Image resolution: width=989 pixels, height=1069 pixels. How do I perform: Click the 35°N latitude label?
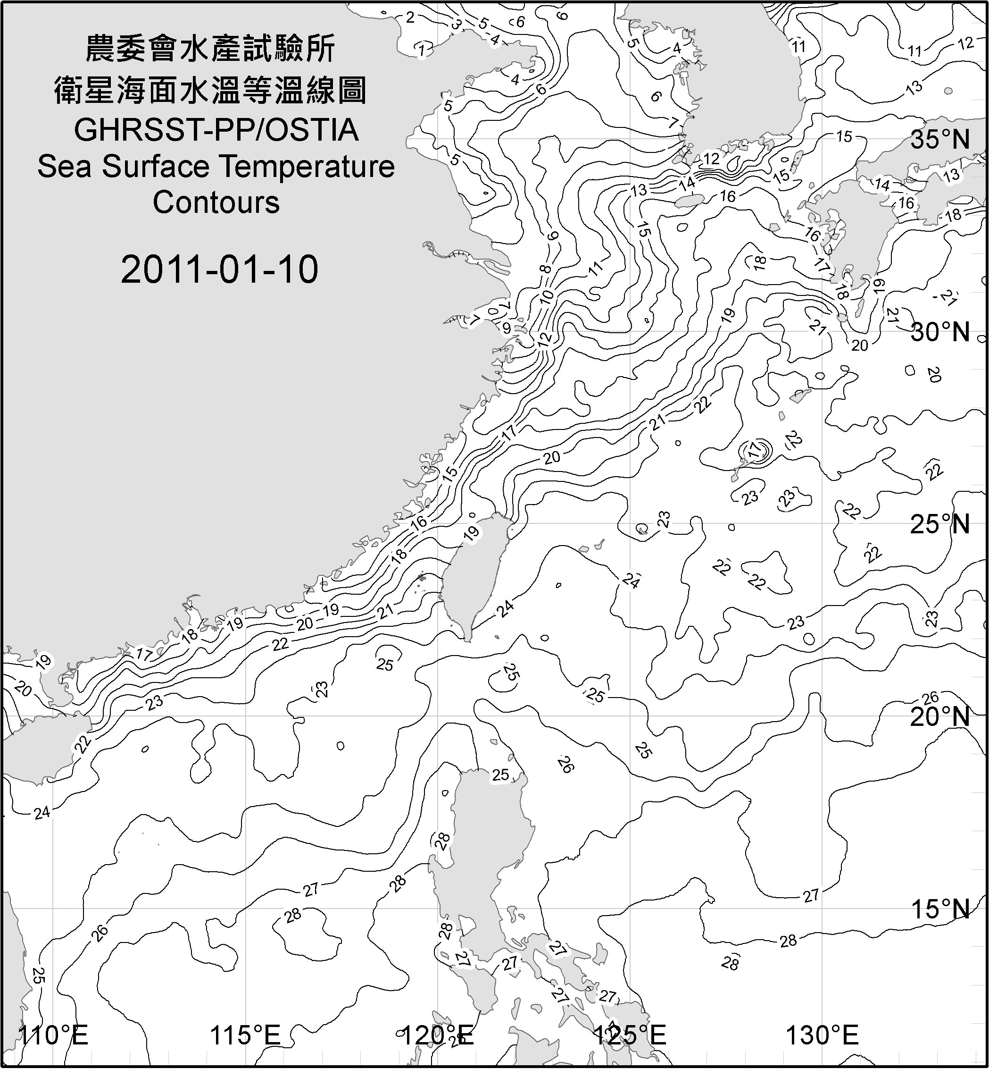[940, 139]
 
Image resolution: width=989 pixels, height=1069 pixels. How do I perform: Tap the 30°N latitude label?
[940, 332]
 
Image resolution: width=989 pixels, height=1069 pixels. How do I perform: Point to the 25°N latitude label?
[940, 524]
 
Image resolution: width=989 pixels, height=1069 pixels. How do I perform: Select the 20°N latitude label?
[940, 716]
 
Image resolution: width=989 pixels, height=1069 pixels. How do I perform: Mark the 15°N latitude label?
[940, 909]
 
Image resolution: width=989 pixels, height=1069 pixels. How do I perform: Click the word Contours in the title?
[216, 202]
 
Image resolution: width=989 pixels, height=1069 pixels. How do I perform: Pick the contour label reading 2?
[410, 17]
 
